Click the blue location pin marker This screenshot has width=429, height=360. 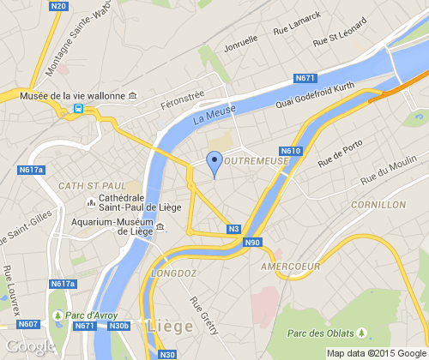pyautogui.click(x=214, y=161)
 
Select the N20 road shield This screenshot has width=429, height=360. pyautogui.click(x=58, y=6)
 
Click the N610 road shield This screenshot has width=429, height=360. pyautogui.click(x=290, y=152)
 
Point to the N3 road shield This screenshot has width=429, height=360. pyautogui.click(x=233, y=229)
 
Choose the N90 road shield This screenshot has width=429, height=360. pyautogui.click(x=252, y=243)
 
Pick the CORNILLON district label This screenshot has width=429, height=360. pyautogui.click(x=378, y=206)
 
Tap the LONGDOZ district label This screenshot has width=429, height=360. pyautogui.click(x=174, y=274)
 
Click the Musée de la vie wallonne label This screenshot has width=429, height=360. pyautogui.click(x=77, y=96)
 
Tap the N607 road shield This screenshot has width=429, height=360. pyautogui.click(x=27, y=324)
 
